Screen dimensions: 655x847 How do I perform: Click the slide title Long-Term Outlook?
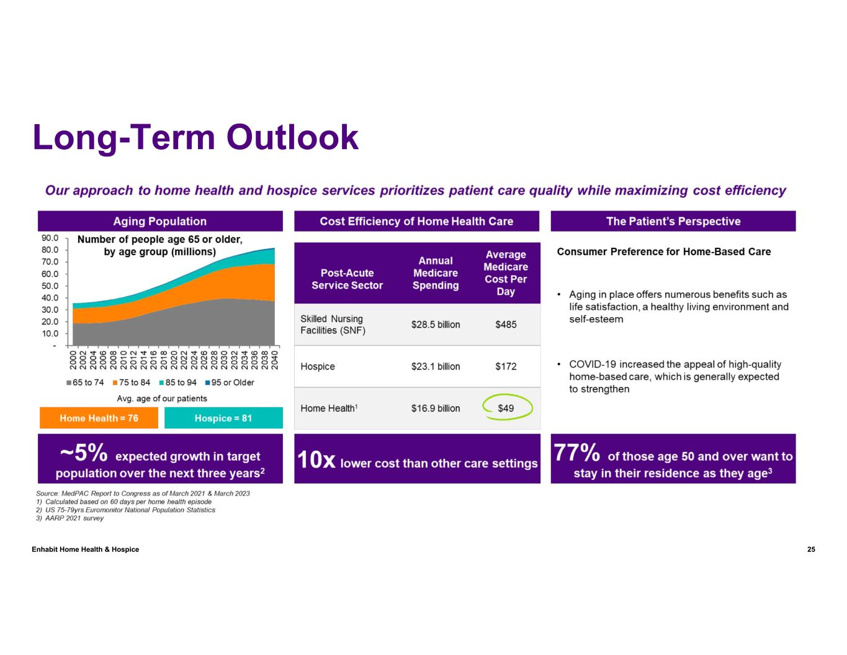pos(195,137)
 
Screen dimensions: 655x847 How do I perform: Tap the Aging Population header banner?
pos(159,222)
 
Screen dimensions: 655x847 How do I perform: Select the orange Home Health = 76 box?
pos(99,418)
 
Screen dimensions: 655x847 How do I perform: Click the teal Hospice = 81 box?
pos(223,418)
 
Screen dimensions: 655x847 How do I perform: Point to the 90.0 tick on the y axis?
pos(50,238)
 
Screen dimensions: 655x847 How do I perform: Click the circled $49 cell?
pos(506,409)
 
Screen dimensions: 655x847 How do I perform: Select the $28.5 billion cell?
pos(436,325)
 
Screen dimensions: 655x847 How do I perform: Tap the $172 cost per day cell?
pos(506,366)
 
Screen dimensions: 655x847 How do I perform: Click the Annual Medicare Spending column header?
pos(436,273)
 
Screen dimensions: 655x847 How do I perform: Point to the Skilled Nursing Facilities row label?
pos(333,325)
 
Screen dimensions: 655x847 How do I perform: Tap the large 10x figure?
pos(316,461)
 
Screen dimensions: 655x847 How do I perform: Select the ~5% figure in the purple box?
pos(83,454)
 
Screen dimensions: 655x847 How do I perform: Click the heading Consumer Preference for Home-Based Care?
pos(664,252)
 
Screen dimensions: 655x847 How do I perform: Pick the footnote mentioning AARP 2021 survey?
pos(69,518)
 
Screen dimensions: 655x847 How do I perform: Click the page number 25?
pos(811,549)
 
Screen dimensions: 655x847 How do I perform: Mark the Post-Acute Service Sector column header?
pos(347,279)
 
